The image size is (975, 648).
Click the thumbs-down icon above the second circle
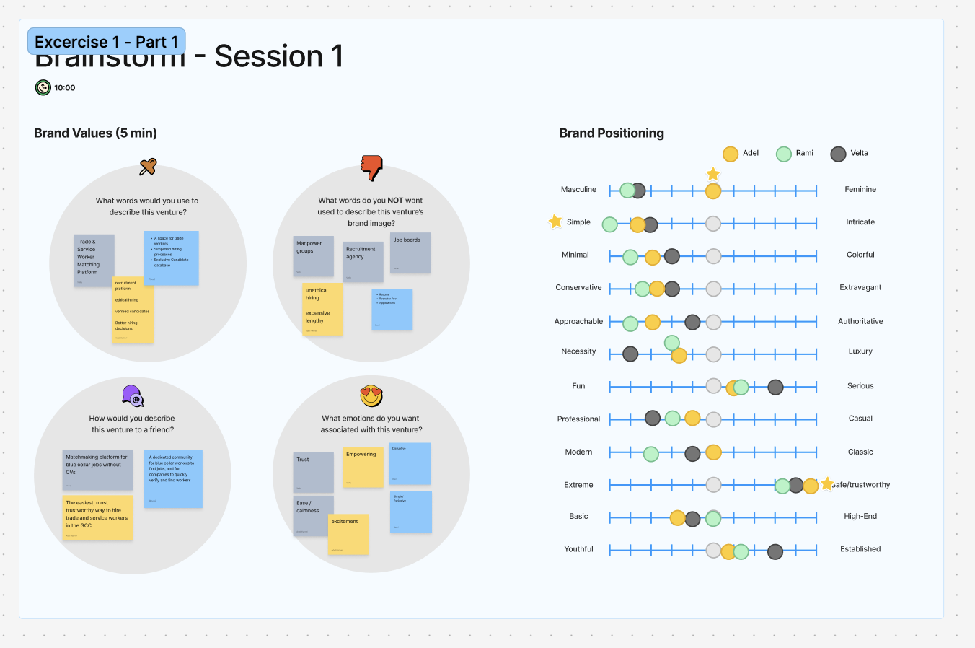371,167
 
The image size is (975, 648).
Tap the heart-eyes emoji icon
371,395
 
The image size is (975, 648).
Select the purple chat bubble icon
133,395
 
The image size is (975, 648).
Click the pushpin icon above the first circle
148,167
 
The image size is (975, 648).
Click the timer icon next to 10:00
43,87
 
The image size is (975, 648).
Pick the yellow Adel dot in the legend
731,154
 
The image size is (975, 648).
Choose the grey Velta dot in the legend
838,154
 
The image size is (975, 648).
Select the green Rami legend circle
784,154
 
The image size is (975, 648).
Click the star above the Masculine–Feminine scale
713,174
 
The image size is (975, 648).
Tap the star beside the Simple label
555,222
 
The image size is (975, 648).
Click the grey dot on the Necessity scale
630,354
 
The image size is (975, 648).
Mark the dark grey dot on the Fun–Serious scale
775,388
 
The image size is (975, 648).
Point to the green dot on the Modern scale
650,454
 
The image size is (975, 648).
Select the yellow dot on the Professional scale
692,418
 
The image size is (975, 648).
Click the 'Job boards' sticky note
410,253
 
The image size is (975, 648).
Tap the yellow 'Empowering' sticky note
363,467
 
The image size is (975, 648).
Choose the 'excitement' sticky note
348,534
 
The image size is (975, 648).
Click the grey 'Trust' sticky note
313,472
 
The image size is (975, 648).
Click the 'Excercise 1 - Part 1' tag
107,42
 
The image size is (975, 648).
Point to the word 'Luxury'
860,351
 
